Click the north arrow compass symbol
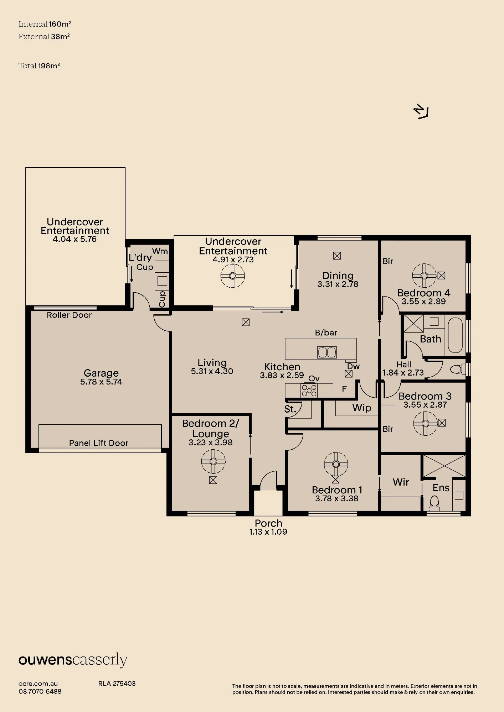[421, 112]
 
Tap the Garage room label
[101, 373]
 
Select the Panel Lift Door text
[99, 443]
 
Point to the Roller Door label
[69, 315]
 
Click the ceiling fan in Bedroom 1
[336, 464]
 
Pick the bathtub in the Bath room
[455, 335]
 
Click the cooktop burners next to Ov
[309, 391]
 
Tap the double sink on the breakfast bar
[327, 352]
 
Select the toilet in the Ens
[434, 502]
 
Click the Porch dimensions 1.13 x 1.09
[268, 532]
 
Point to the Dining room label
[338, 276]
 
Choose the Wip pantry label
[362, 408]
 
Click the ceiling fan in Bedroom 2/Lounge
[213, 461]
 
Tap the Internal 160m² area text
[45, 24]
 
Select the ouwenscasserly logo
[73, 660]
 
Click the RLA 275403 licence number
[117, 684]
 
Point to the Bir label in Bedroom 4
[388, 261]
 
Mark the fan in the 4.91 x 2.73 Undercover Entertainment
[233, 276]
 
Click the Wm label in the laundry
[160, 251]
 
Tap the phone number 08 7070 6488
[40, 692]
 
